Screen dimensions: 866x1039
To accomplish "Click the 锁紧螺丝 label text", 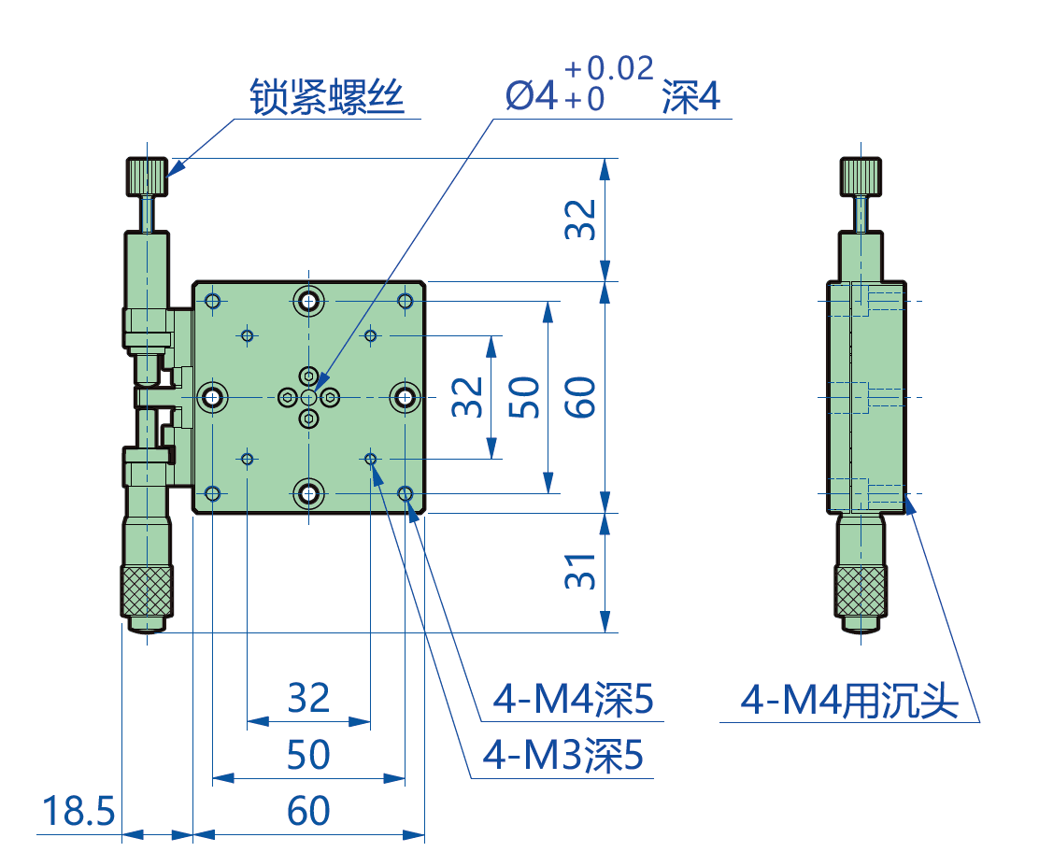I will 327,96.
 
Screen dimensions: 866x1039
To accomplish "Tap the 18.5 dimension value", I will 78,812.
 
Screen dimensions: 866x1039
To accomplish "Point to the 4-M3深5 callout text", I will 562,756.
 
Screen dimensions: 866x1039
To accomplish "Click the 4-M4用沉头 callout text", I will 849,700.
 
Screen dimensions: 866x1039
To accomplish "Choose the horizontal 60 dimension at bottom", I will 308,812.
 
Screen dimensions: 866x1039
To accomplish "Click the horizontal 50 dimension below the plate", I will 308,756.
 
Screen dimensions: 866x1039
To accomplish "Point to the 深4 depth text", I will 690,96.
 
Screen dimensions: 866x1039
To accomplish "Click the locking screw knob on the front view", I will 148,176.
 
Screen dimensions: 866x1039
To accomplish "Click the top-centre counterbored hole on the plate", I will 308,301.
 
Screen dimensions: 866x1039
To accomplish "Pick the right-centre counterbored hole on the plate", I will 406,398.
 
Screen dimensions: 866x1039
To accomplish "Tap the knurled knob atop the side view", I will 861,176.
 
